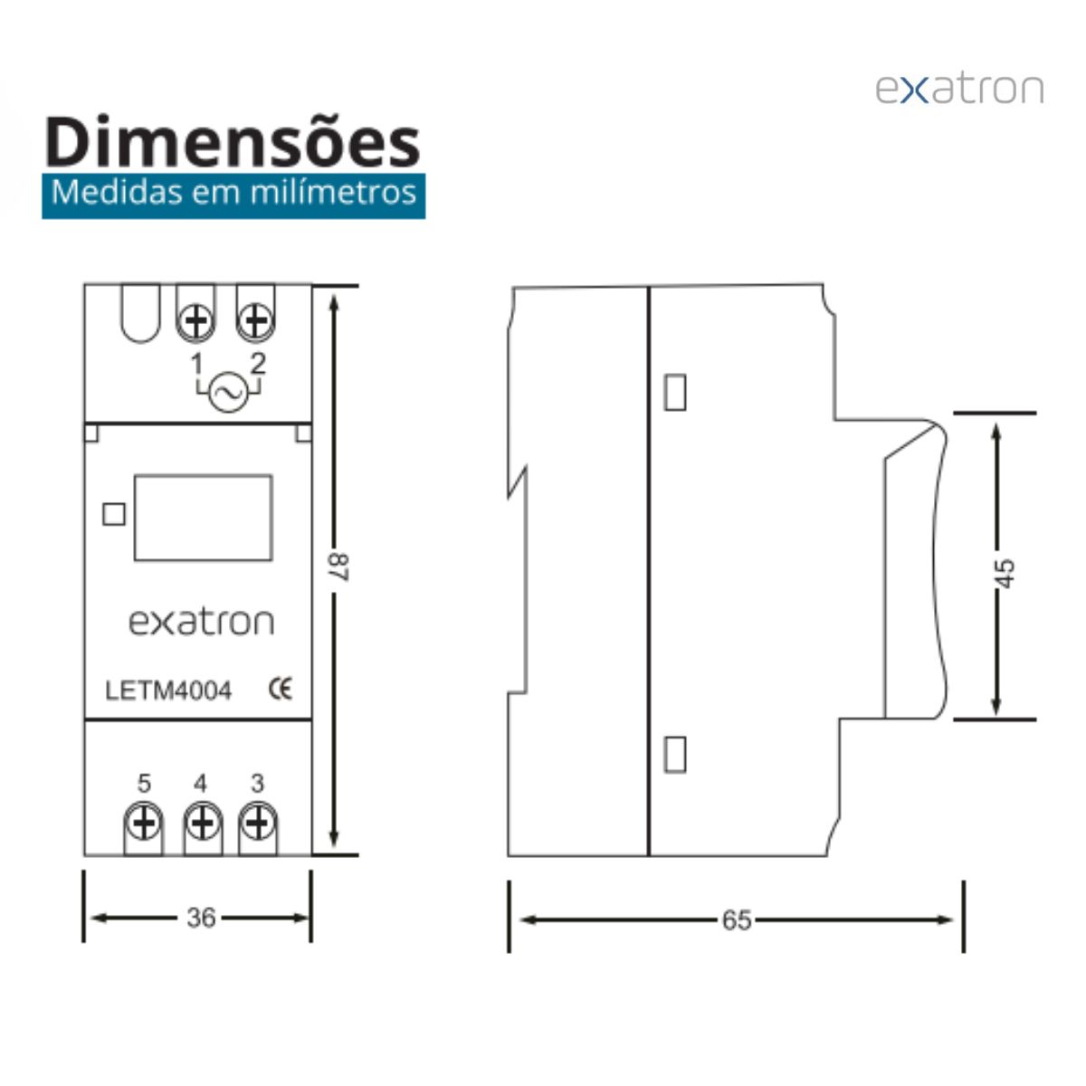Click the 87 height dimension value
click(x=339, y=567)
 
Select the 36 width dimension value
click(x=201, y=918)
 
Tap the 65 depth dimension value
click(x=737, y=920)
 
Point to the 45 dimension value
click(x=1005, y=574)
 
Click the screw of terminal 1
click(x=195, y=322)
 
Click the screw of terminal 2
click(x=255, y=322)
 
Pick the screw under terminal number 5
click(x=144, y=824)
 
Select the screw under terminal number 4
click(x=203, y=824)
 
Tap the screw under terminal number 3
click(x=258, y=824)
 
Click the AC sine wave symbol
click(x=228, y=393)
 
